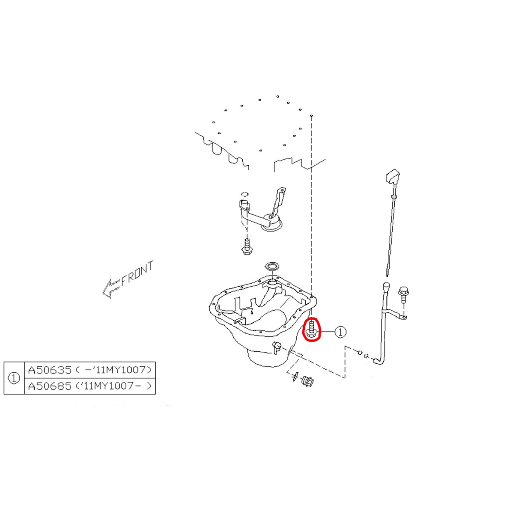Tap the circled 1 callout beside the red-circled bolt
341,332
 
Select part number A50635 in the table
50,370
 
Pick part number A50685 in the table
50,386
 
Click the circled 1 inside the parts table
14,378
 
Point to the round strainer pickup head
272,225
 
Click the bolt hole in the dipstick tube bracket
403,317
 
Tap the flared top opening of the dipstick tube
386,287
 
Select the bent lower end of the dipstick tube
379,361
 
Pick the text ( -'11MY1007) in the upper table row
114,370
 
